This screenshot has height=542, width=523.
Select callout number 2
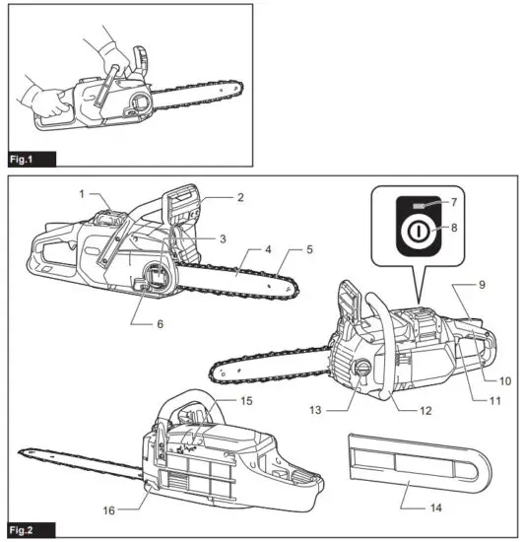(x=239, y=197)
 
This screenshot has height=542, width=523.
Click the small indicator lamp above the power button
(x=418, y=208)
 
